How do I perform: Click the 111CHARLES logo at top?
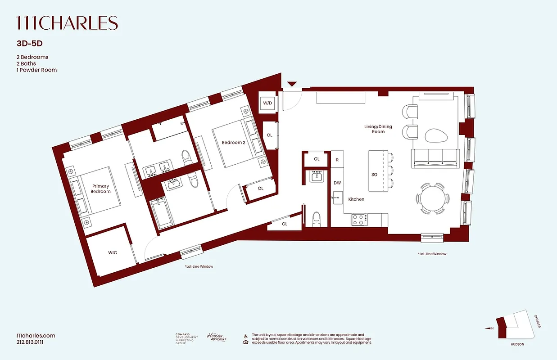(67, 23)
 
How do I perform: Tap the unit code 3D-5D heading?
(29, 44)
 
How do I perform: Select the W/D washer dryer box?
(267, 103)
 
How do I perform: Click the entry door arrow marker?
(292, 84)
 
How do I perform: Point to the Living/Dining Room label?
(378, 129)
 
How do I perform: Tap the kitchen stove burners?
(358, 220)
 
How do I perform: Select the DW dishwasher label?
(337, 183)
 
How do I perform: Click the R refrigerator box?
(337, 159)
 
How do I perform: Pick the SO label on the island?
(374, 175)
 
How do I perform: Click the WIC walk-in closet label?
(113, 252)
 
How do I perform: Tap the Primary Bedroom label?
(101, 189)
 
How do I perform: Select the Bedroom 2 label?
(233, 143)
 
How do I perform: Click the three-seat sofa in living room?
(435, 157)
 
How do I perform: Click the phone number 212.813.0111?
(29, 342)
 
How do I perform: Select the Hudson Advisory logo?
(217, 337)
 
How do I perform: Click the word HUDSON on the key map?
(517, 344)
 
